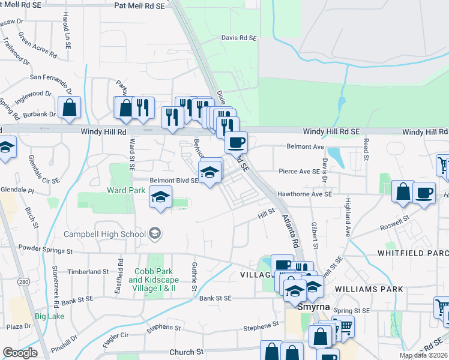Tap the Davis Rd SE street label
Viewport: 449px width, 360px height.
(x=239, y=37)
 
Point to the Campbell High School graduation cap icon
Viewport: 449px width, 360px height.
(x=155, y=233)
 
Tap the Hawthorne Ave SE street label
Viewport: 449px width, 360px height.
(x=304, y=194)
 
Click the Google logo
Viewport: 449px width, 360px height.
(x=19, y=353)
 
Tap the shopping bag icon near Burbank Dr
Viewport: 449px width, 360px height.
(x=70, y=108)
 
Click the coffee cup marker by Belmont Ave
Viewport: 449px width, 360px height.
(x=236, y=143)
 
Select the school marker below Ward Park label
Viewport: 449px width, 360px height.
(x=160, y=197)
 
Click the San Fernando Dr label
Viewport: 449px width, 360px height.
(x=51, y=77)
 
